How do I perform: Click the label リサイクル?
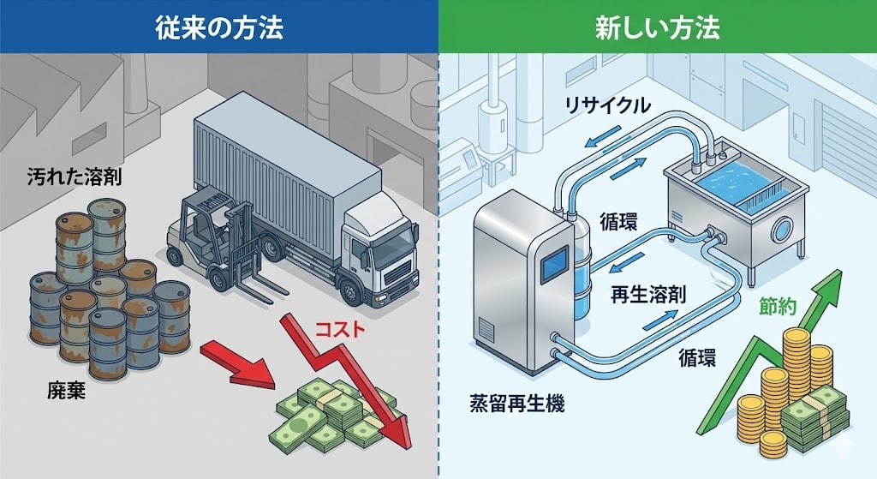(x=607, y=105)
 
